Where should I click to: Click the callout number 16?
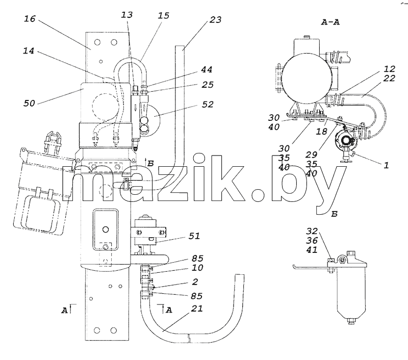pos(30,19)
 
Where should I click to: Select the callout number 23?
pos(215,20)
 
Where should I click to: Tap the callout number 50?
pos(29,104)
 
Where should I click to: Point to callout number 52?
pos(208,105)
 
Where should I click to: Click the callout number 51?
pos(194,236)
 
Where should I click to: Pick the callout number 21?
pos(197,308)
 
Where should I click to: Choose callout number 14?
pos(29,50)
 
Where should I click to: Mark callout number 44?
pos(207,69)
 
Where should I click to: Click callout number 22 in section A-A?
pos(389,78)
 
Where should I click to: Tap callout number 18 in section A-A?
pos(321,132)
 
